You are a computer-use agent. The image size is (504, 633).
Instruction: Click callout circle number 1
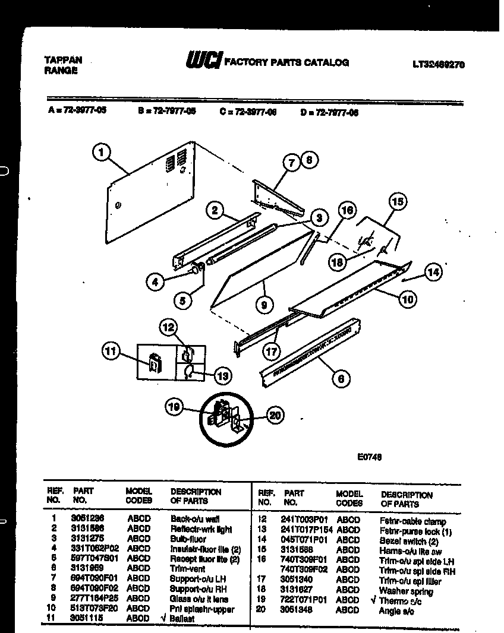click(102, 153)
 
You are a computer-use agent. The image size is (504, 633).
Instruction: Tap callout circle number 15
click(398, 202)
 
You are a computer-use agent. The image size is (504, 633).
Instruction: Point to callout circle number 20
click(273, 416)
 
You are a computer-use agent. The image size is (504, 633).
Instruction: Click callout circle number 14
click(433, 273)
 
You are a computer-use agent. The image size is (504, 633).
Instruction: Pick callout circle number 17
click(272, 351)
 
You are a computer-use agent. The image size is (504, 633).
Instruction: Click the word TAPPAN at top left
click(63, 59)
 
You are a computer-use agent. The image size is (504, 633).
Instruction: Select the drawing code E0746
click(368, 457)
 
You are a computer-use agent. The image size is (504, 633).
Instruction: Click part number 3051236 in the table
click(87, 519)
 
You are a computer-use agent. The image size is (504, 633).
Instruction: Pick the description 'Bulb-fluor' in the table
click(188, 539)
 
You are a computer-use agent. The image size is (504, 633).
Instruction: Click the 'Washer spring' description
click(405, 591)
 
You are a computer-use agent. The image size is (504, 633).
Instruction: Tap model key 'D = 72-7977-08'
click(329, 111)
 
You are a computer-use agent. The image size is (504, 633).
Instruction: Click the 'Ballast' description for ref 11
click(185, 618)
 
